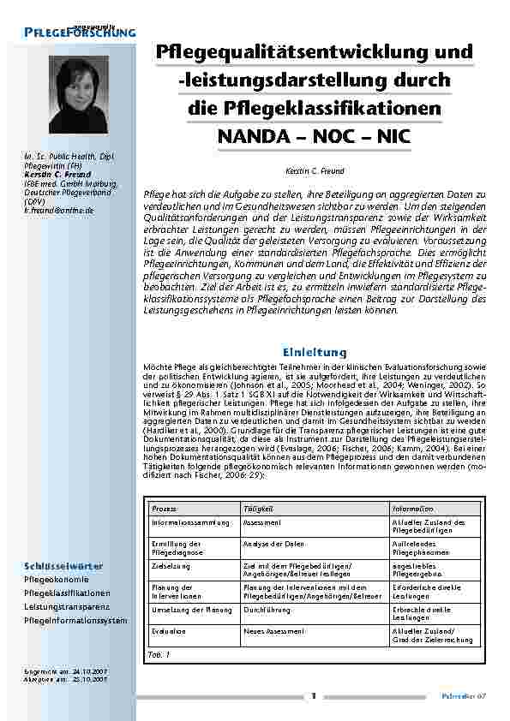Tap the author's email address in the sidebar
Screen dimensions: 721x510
(58, 209)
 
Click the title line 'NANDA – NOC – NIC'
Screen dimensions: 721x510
(315, 135)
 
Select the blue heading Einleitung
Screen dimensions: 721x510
(314, 352)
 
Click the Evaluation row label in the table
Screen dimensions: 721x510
(169, 631)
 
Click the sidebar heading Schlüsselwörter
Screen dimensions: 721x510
(64, 566)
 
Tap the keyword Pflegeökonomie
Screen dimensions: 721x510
(56, 580)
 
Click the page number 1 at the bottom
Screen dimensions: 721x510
(315, 695)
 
